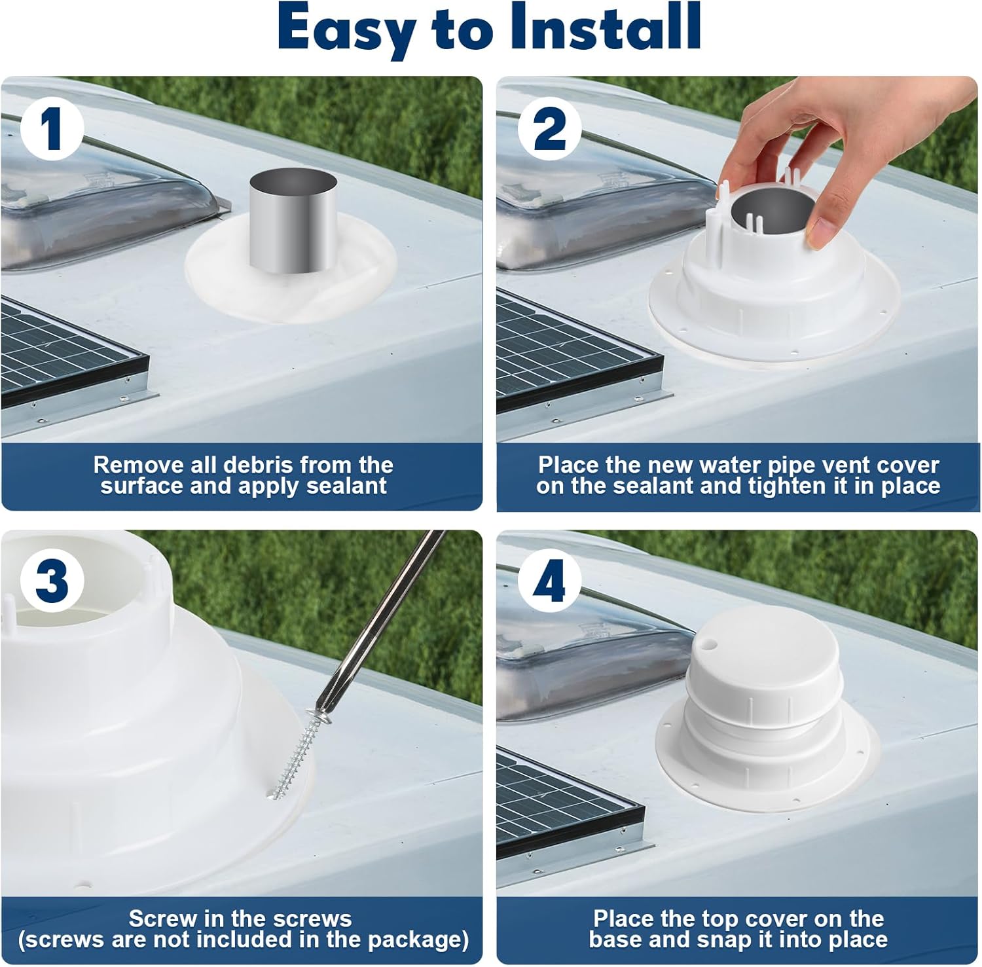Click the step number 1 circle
52,129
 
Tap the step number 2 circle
549,129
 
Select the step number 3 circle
52,581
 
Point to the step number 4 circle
549,581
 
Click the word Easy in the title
347,29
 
